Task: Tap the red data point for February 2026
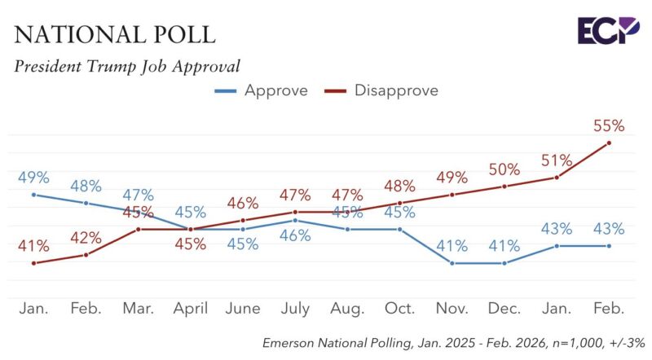click(610, 143)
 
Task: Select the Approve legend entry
click(261, 90)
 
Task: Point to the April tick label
click(190, 309)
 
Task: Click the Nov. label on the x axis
click(452, 309)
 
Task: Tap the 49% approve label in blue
click(33, 177)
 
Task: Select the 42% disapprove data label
click(86, 238)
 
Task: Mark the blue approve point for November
click(452, 263)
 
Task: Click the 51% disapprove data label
click(557, 160)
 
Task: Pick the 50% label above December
click(504, 169)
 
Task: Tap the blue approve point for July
click(295, 220)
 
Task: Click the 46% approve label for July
click(295, 236)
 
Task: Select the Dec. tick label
click(504, 309)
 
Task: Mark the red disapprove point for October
click(399, 203)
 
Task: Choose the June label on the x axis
click(242, 309)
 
